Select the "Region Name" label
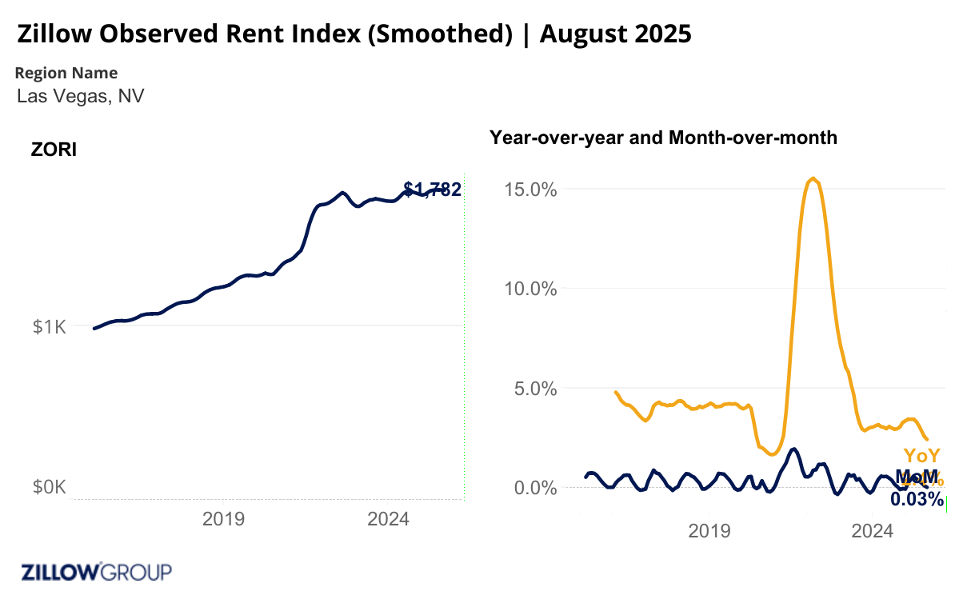66,73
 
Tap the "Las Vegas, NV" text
80,97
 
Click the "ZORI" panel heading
54,150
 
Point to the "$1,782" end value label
433,190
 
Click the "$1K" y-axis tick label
49,326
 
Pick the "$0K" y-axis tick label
49,487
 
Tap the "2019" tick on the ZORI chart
223,519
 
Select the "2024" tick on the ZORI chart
388,519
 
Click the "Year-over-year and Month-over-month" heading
663,138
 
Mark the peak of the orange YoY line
813,178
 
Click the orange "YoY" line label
921,456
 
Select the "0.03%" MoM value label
917,499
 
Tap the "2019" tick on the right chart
709,530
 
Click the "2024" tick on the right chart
873,530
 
